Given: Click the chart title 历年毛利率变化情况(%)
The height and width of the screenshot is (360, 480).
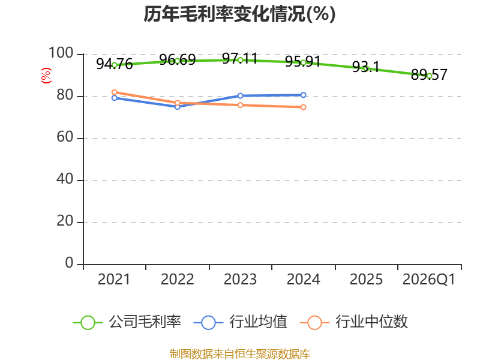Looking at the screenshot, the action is [x=239, y=14].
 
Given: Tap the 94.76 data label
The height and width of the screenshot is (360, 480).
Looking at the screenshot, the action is [x=115, y=64].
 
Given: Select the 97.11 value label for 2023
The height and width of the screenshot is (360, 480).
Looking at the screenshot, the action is [x=240, y=58].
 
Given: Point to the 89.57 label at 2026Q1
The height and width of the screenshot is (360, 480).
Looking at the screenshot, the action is [x=429, y=74].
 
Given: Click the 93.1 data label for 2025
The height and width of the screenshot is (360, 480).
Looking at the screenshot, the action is [x=366, y=67].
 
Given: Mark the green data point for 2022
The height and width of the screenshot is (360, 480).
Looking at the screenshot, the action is [x=177, y=61].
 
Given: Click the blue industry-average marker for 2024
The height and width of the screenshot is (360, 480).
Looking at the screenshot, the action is [x=303, y=95].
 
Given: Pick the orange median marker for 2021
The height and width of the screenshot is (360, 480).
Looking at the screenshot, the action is [x=115, y=92].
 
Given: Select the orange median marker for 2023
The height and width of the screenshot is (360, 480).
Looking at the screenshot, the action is [x=241, y=105].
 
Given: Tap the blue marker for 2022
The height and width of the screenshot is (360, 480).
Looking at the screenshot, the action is [x=177, y=107].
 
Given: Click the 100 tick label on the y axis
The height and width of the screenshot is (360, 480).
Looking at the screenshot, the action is [x=61, y=53].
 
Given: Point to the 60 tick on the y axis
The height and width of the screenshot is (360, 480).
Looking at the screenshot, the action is [x=65, y=137].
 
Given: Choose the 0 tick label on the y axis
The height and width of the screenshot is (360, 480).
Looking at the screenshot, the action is [x=69, y=263].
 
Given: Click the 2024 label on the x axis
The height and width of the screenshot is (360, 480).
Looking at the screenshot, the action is [x=303, y=280].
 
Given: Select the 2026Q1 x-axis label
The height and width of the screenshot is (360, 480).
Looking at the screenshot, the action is [x=429, y=280].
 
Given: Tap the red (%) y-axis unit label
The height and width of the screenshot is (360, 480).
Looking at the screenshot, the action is [x=46, y=76].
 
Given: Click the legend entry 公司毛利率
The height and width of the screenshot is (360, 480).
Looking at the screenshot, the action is [x=127, y=322].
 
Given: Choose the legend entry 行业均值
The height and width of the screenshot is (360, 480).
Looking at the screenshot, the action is [x=241, y=322].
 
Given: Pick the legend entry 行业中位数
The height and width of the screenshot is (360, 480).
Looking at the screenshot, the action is [x=354, y=322].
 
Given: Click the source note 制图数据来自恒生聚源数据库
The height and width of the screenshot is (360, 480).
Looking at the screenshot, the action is [x=240, y=354].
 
